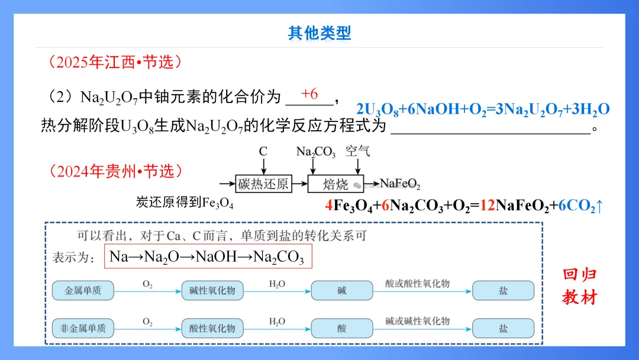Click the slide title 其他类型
319,33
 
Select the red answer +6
309,94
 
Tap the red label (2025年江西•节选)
112,62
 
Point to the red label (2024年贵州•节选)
112,172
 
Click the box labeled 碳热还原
263,184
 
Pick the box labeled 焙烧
335,184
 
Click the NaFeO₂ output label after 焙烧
400,184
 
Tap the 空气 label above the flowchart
358,151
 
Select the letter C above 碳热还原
263,152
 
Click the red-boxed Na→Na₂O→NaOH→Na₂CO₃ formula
207,257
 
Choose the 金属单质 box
83,291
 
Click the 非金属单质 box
83,328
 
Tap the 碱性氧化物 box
212,291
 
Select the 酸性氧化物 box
212,328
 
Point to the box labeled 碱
342,291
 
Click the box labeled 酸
342,328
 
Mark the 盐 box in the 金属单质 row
503,291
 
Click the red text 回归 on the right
580,275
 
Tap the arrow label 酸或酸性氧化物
417,284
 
